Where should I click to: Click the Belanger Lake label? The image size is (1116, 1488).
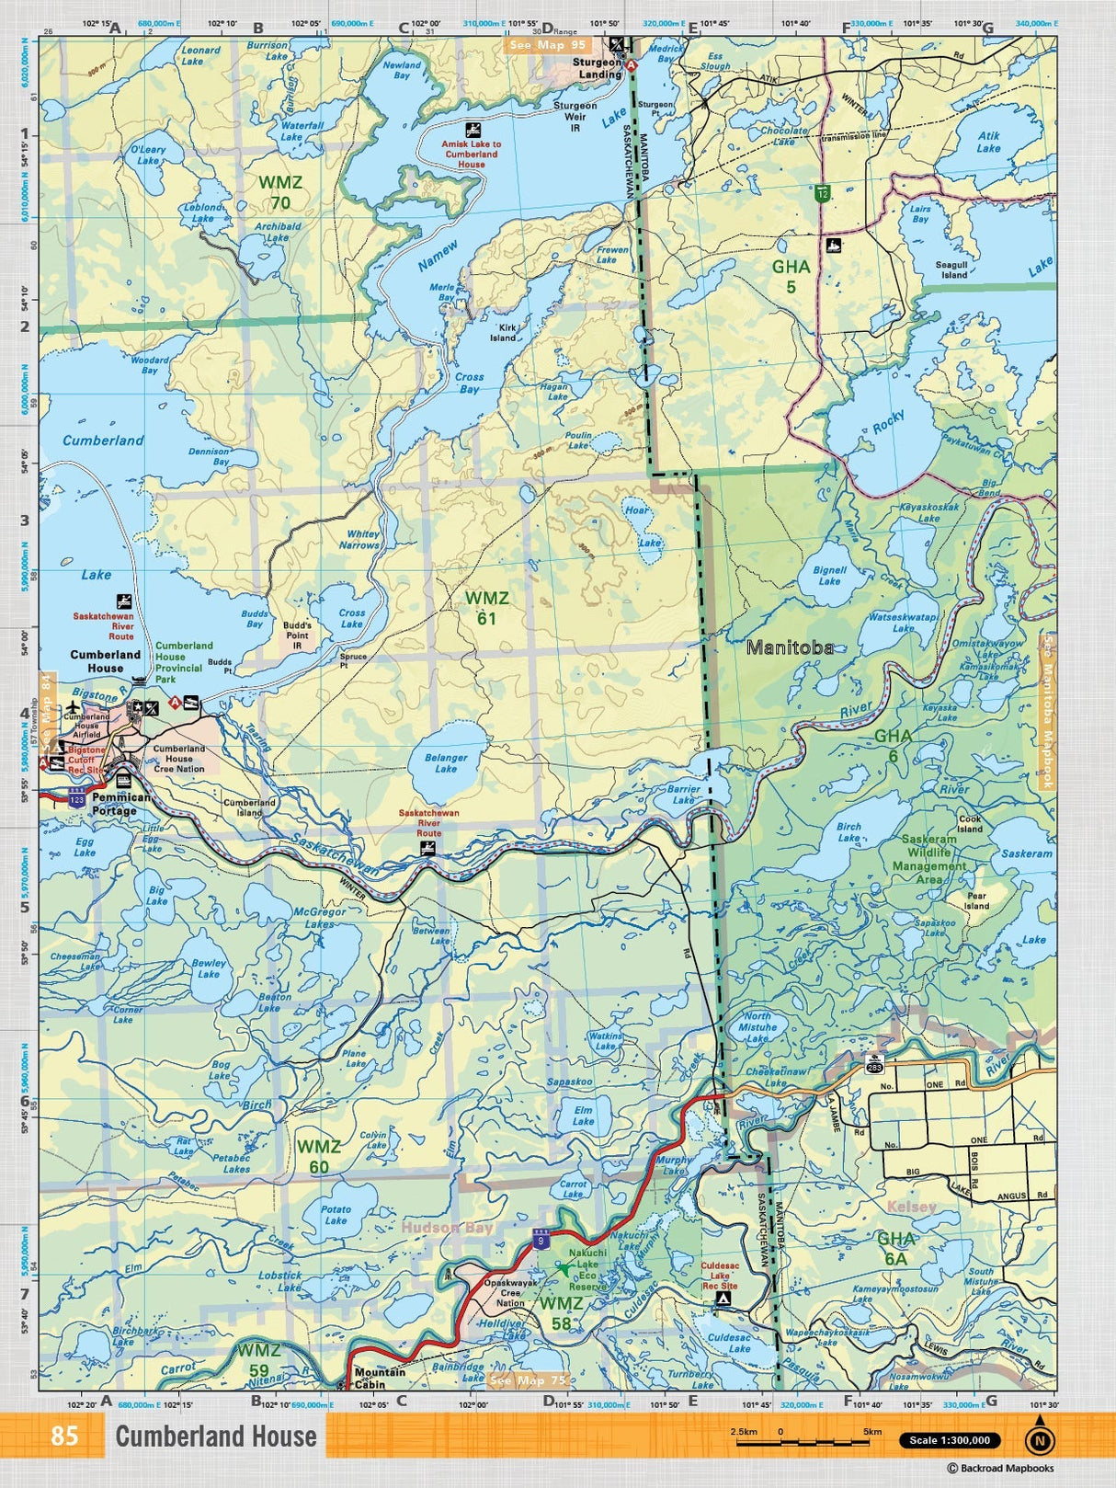446,763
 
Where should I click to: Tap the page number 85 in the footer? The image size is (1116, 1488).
64,1436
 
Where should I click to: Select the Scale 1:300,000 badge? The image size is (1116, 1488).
950,1440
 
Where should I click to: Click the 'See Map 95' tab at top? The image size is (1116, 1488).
547,44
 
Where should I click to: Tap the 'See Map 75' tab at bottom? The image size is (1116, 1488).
529,1379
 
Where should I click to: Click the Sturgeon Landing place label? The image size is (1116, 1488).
598,68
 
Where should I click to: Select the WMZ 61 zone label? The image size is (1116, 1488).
486,608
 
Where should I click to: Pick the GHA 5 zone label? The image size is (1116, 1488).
791,276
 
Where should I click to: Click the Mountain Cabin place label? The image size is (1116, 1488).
380,1378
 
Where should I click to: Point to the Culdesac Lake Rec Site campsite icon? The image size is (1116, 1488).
724,1299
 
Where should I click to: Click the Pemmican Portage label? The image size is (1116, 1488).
120,804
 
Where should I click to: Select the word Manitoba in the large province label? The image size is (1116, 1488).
790,647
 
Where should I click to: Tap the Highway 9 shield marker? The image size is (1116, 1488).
541,1240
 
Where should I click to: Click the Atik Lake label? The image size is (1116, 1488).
988,142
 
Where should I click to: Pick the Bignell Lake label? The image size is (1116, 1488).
829,575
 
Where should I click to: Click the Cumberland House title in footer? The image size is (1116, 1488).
215,1436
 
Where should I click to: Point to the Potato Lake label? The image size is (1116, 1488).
336,1215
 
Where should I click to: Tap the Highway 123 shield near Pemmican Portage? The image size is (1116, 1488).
77,799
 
